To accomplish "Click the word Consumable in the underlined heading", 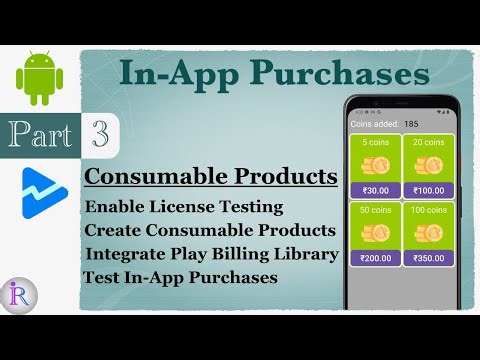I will point(161,177).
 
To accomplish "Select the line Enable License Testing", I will point(184,207).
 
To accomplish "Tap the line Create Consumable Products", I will point(210,231).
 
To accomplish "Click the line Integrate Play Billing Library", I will point(212,254).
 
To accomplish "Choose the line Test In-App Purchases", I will point(180,277).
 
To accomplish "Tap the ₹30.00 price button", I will point(375,191).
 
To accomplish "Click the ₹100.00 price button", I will point(428,191).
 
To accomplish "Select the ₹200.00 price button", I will point(375,258).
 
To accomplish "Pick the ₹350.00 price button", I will point(428,258).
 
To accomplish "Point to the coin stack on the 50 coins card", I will point(375,233).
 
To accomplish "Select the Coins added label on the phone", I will point(373,123).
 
